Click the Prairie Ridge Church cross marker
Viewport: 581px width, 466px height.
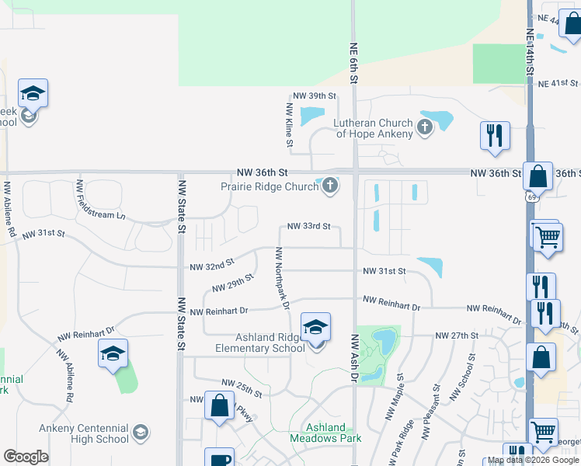point(330,186)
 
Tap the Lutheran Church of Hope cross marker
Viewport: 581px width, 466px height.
point(424,127)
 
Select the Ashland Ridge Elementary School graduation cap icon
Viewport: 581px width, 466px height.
point(316,328)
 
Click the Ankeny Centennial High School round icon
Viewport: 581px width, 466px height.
point(141,433)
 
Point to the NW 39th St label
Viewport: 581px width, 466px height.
point(314,96)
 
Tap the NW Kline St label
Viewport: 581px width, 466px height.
point(289,125)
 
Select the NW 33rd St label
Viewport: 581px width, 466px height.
point(309,227)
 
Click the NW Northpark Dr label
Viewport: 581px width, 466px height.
point(283,278)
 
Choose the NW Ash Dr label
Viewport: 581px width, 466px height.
point(353,358)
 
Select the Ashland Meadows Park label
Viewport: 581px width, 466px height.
point(326,433)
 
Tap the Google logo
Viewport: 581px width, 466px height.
point(26,457)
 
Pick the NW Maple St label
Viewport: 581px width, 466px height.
point(394,397)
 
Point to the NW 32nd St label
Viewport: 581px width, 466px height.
point(212,266)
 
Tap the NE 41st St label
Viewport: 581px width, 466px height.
point(558,83)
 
